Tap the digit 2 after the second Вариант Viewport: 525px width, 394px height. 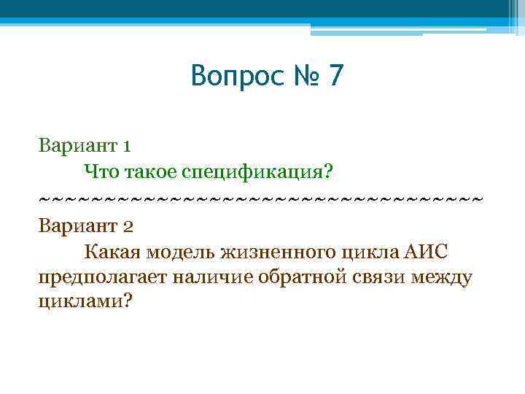[127, 225]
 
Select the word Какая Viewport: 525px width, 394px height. [112, 252]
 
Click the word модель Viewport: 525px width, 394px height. [182, 252]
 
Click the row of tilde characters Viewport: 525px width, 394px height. [261, 198]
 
